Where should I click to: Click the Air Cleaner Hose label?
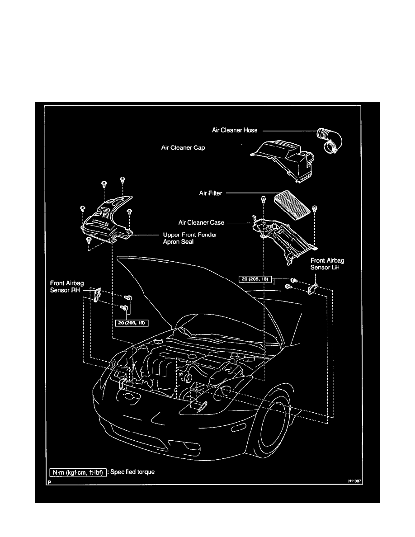[x=235, y=130]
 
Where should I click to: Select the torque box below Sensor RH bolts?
[x=132, y=323]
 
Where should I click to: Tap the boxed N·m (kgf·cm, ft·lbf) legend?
[x=78, y=472]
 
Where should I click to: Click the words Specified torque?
[x=134, y=472]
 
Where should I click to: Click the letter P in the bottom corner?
[x=49, y=483]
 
